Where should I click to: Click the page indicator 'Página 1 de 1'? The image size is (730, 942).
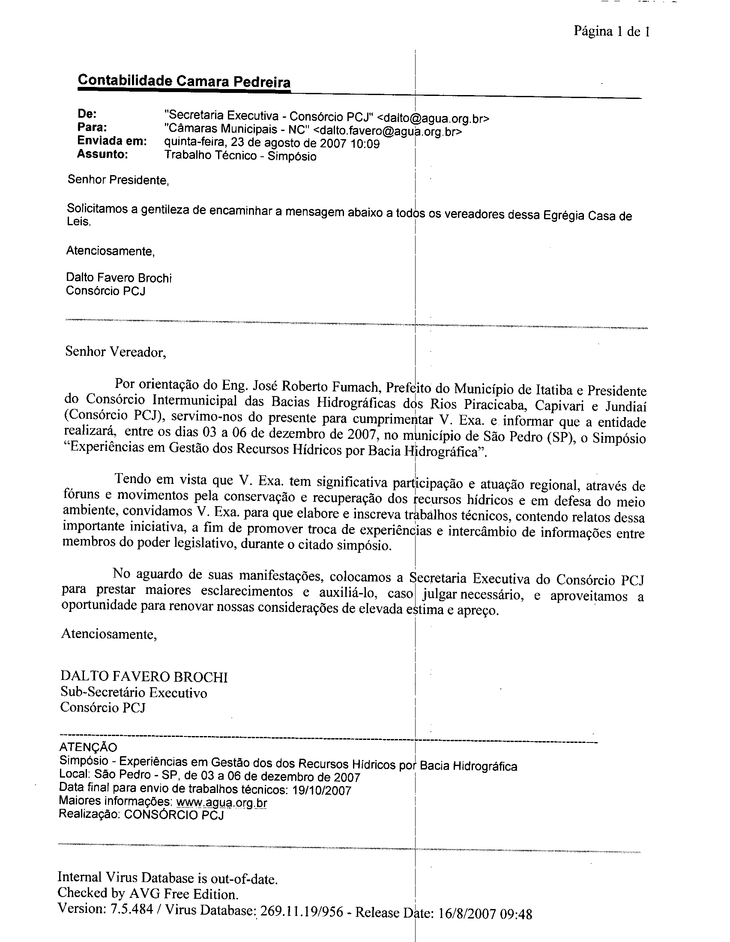coord(611,32)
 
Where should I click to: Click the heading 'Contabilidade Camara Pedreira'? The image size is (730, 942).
coord(184,81)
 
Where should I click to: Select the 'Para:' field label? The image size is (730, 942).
coord(92,127)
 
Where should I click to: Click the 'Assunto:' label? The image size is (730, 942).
coord(102,154)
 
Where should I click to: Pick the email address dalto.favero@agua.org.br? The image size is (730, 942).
coord(387,131)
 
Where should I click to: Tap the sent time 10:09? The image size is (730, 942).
coord(365,144)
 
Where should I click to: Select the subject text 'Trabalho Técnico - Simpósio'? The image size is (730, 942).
coord(240,156)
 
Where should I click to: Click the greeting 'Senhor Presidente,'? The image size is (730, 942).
coord(118,180)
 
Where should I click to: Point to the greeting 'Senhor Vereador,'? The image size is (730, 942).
coord(115,352)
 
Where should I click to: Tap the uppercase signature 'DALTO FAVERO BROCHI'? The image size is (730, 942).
coord(144,677)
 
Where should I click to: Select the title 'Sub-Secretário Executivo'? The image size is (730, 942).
coord(133,693)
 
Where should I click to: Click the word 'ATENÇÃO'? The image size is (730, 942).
coord(88,747)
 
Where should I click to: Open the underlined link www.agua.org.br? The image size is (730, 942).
coord(222,803)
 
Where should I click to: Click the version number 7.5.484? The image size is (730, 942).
coord(132,909)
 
